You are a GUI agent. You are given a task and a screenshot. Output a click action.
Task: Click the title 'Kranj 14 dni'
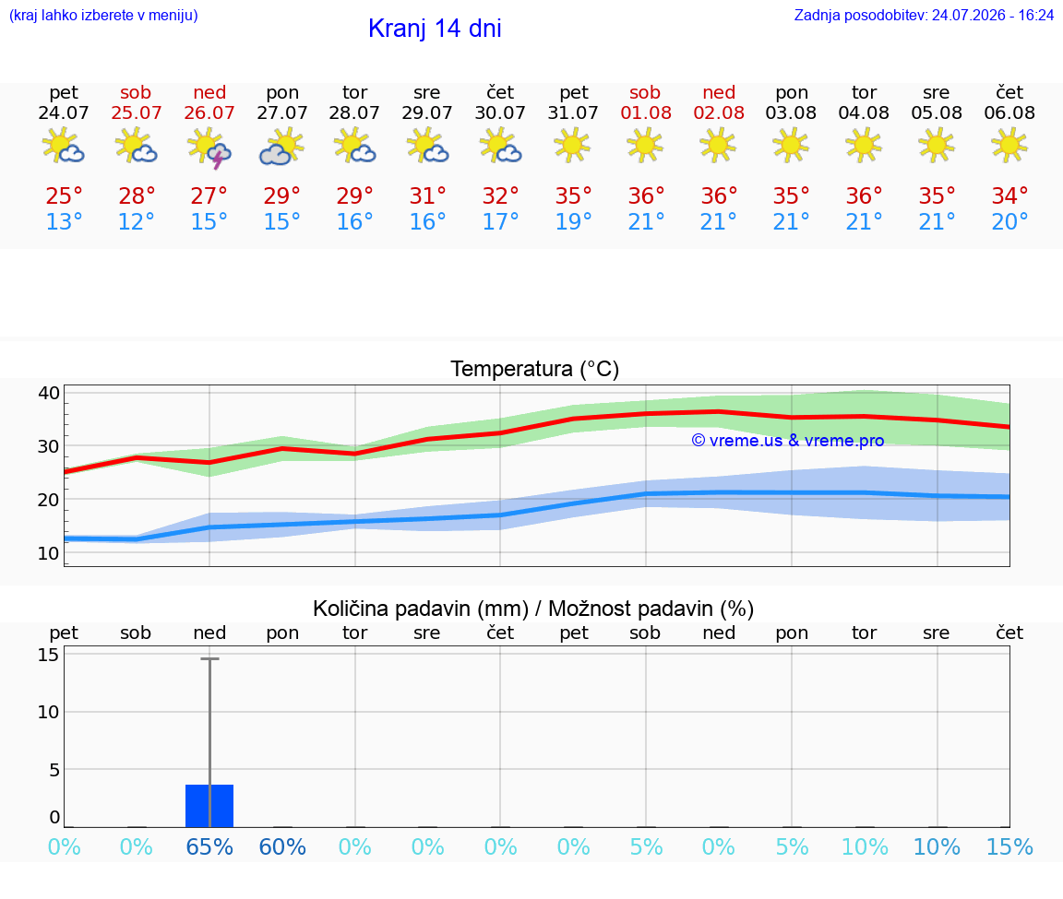point(435,29)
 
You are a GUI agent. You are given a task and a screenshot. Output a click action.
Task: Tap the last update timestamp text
point(924,15)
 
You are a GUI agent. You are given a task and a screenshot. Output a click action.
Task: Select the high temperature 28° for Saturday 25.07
point(137,195)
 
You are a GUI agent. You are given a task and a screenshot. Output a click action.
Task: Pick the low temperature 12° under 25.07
point(137,221)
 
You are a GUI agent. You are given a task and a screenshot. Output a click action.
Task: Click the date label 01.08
point(646,112)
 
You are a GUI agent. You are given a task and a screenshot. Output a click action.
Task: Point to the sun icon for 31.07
point(573,145)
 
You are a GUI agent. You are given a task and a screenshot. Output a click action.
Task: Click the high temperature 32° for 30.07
point(500,195)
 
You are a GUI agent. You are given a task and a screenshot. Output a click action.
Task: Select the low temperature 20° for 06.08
point(1009,221)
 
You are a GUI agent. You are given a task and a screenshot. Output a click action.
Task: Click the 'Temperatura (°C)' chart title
point(535,369)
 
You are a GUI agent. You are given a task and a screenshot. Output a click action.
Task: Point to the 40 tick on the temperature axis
point(49,393)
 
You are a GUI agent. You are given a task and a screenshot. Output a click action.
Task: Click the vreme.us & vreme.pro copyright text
point(787,441)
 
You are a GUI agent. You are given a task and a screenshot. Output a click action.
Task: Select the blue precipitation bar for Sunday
point(209,806)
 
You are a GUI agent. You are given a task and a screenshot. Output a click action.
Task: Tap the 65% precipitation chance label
point(209,846)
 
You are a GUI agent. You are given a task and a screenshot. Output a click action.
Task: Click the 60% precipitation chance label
point(282,846)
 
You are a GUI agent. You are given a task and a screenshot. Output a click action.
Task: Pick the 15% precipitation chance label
point(1009,846)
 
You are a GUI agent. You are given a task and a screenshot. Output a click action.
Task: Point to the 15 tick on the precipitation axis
point(49,655)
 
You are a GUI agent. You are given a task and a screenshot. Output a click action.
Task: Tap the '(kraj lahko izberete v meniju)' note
point(103,15)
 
